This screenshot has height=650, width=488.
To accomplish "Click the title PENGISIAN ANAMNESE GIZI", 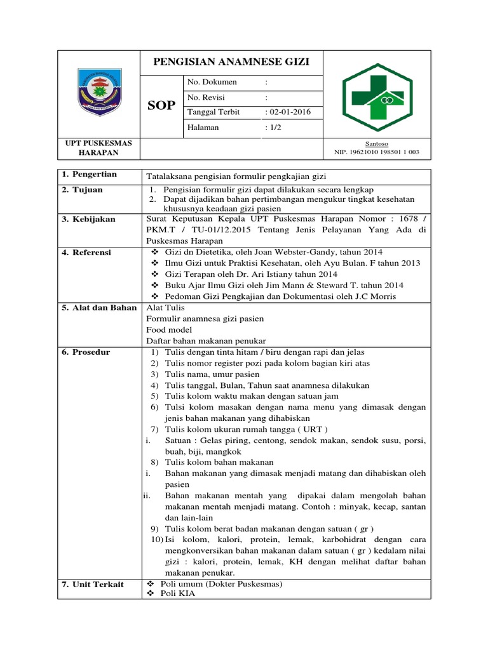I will (231, 62).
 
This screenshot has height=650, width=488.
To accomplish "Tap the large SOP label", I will (161, 105).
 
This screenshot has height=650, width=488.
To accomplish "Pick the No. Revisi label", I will (207, 97).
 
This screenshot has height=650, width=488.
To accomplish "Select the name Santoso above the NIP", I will (377, 144).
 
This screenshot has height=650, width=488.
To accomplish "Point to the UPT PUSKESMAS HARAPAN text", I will (98, 149).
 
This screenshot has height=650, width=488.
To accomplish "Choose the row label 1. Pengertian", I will (90, 175).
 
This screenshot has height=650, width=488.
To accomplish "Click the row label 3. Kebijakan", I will (89, 219).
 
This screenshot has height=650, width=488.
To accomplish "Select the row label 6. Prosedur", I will (86, 352).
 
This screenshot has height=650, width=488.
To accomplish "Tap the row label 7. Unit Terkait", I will (93, 584).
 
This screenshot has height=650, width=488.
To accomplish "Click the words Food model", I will (165, 330).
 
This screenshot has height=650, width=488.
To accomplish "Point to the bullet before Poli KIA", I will (150, 594).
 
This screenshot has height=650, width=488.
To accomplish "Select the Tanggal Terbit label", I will (215, 112).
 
